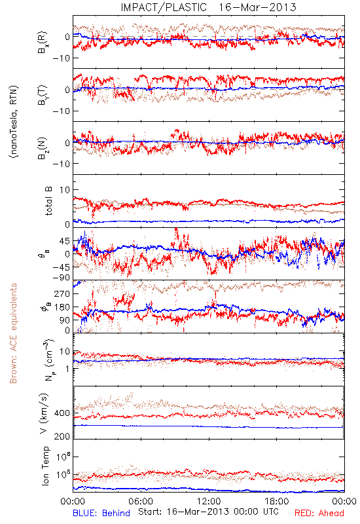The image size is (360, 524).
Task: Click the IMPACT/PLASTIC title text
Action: (x=164, y=7)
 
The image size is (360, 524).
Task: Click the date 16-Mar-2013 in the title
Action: (x=257, y=7)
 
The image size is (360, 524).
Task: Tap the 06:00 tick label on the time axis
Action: (x=141, y=501)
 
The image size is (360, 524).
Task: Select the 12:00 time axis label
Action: (x=209, y=501)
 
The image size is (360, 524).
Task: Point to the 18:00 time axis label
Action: (x=277, y=501)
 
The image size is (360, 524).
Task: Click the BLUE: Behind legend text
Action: (x=101, y=513)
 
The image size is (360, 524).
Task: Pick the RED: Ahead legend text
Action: (x=319, y=513)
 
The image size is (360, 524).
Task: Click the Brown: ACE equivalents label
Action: (x=12, y=333)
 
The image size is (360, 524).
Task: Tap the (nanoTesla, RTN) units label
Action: (x=14, y=122)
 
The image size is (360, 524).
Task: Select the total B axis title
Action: (x=48, y=200)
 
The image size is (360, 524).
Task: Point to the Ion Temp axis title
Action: (x=45, y=466)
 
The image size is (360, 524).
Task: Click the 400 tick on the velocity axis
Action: (x=62, y=413)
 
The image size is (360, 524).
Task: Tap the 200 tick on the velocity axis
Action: (x=62, y=436)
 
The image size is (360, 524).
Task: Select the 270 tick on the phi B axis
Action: (x=62, y=293)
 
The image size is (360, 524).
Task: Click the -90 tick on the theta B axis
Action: (x=61, y=277)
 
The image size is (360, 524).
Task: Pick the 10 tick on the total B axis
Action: (x=65, y=190)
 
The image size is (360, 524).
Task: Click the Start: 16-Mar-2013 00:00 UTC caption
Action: (x=208, y=512)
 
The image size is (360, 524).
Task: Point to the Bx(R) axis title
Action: (x=43, y=43)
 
